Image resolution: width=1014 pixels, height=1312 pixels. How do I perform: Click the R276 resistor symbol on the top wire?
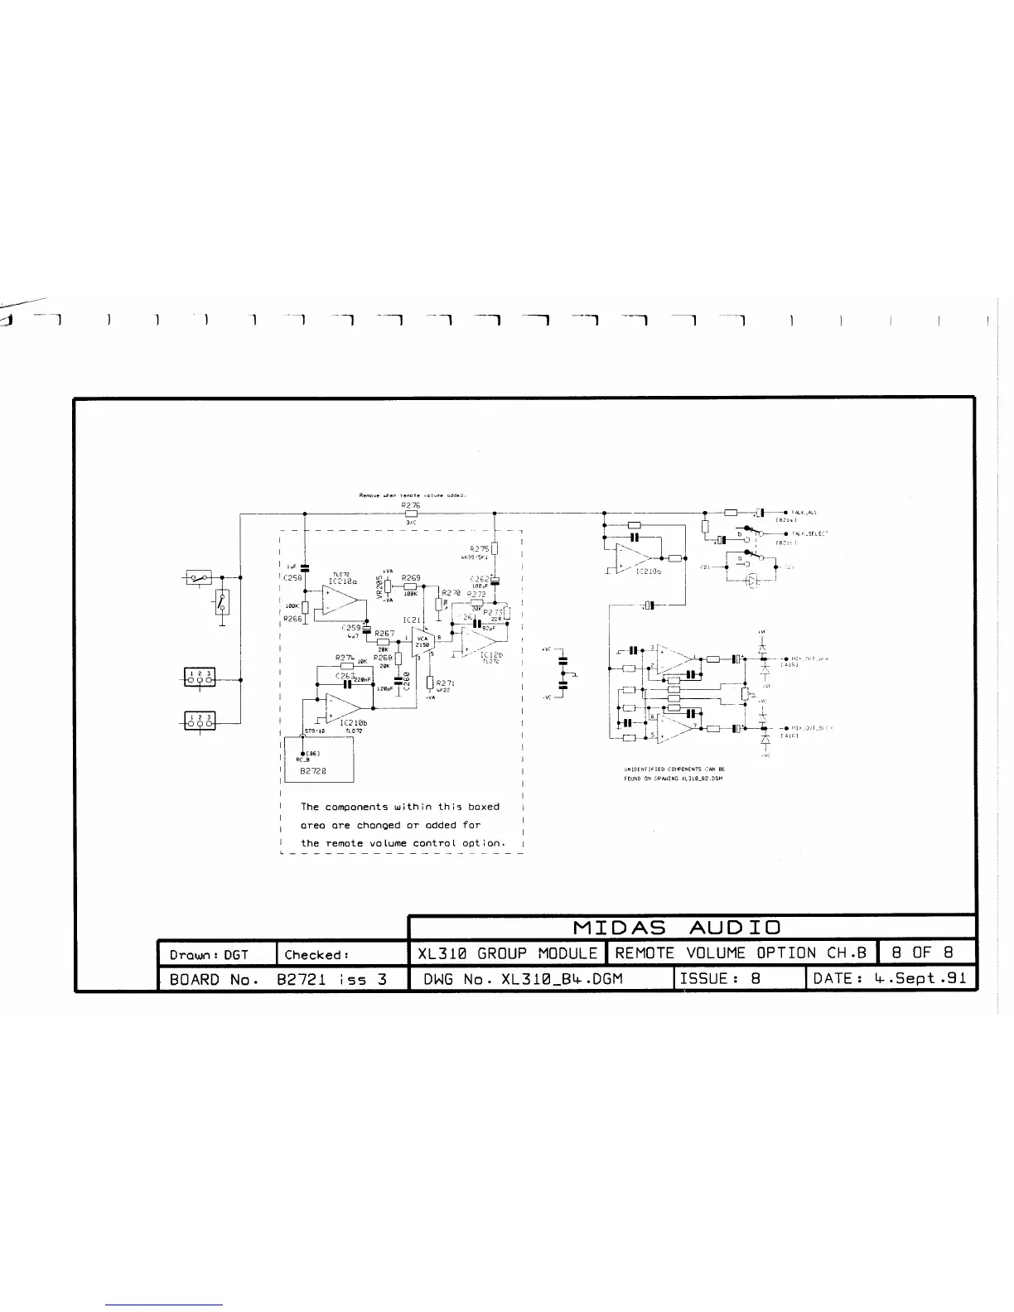[411, 513]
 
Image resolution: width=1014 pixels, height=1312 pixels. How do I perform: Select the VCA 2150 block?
[422, 641]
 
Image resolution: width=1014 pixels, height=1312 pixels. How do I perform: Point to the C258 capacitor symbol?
[305, 567]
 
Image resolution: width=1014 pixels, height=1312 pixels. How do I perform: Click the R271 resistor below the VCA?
[430, 683]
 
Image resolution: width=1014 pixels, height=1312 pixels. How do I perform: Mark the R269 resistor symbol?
[411, 586]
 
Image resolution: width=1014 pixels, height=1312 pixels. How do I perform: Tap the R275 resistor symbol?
[494, 548]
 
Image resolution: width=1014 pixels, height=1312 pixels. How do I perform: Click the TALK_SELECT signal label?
[809, 534]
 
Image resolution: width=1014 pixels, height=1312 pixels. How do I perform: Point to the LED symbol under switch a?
[752, 581]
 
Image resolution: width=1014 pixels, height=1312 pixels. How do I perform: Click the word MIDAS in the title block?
[619, 927]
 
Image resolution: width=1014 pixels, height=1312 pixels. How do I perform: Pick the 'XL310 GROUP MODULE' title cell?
[507, 953]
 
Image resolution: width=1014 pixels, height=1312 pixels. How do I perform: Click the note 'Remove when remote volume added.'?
[413, 495]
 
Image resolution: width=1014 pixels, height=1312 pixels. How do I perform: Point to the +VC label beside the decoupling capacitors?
[547, 649]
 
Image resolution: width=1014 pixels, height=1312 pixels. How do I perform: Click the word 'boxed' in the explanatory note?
[483, 807]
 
